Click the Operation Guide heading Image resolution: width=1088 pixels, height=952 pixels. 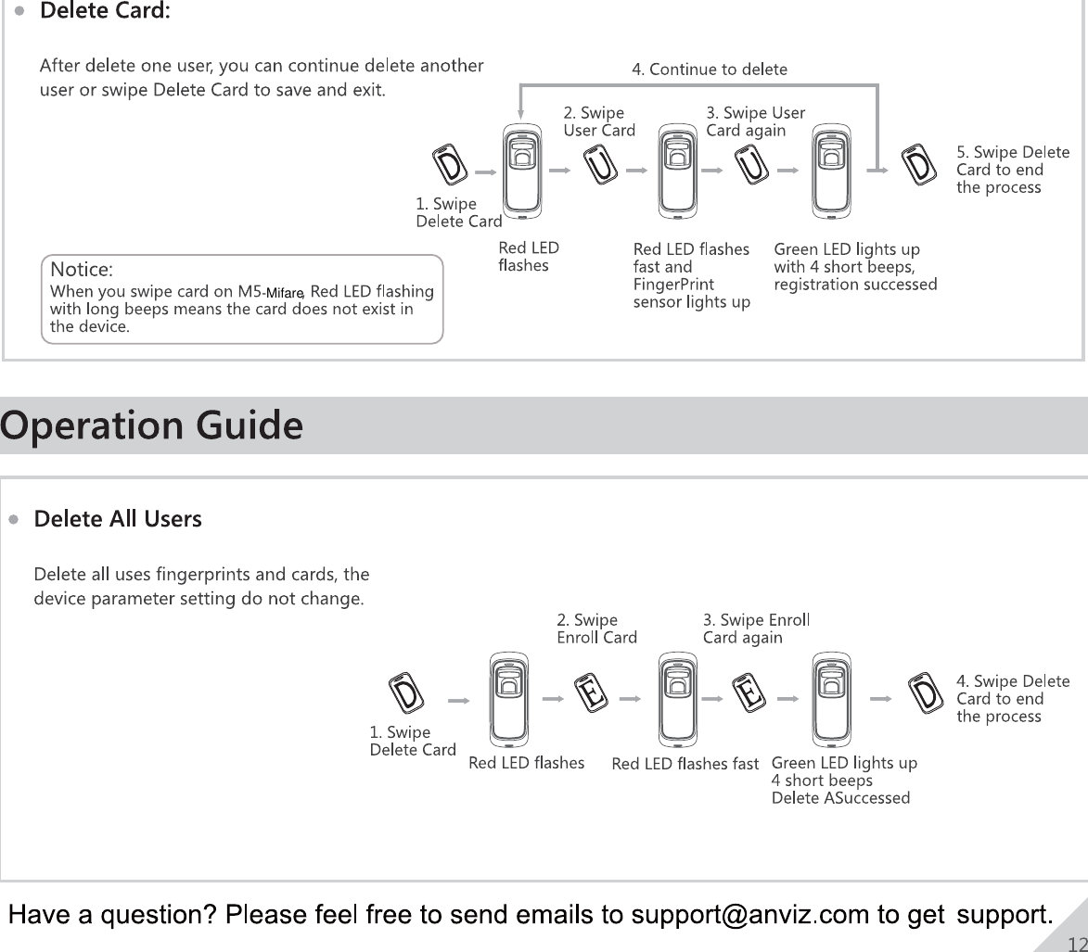click(x=152, y=426)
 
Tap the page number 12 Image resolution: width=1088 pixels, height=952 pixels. click(x=1077, y=943)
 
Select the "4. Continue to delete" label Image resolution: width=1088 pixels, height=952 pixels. click(x=710, y=70)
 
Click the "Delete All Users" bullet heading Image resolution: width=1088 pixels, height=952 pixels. click(x=118, y=519)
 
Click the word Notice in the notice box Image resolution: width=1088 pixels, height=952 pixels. click(x=82, y=270)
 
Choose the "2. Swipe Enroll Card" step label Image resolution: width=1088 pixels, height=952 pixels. click(x=596, y=628)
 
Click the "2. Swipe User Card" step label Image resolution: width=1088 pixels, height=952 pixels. click(x=599, y=121)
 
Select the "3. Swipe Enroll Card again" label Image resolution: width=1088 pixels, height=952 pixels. click(x=757, y=628)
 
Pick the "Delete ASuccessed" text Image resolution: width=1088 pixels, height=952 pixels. click(x=840, y=798)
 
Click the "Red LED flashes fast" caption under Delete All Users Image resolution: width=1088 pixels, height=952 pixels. click(x=685, y=764)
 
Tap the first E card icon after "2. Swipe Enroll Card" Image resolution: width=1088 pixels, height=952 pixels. click(x=591, y=692)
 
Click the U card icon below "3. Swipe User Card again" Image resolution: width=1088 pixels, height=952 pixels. click(x=752, y=165)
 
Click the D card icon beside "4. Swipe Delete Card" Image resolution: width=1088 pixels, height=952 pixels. click(x=925, y=693)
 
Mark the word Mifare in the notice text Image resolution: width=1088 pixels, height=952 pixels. click(x=285, y=293)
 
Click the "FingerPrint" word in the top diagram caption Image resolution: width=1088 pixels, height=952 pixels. click(x=672, y=285)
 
